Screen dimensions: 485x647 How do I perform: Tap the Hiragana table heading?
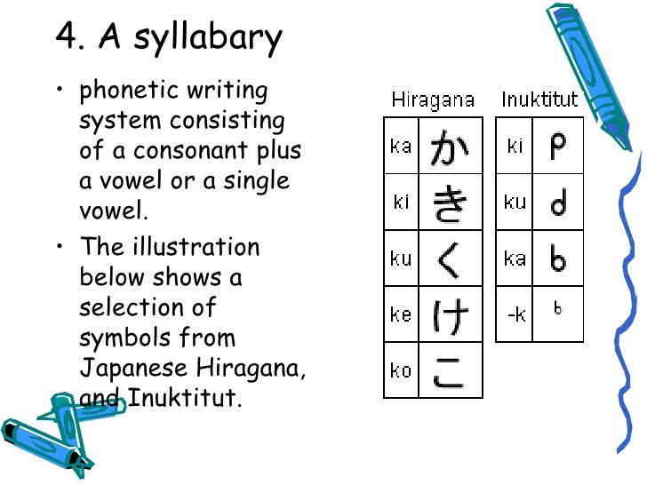[433, 99]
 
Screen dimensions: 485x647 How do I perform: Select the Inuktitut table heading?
[539, 99]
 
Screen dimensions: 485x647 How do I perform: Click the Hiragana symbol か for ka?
[450, 147]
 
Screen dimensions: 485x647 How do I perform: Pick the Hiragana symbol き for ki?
[450, 203]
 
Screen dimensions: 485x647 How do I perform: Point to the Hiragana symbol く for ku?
[450, 258]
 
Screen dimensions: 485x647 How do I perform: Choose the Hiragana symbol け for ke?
[450, 314]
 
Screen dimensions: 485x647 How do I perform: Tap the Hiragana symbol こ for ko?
[450, 370]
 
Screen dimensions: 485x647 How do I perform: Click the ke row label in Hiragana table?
[401, 314]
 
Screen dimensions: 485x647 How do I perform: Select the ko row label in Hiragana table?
[401, 370]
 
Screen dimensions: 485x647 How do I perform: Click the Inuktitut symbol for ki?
[558, 146]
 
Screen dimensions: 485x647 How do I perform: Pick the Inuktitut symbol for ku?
[558, 203]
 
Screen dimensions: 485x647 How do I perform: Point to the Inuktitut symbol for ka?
[558, 258]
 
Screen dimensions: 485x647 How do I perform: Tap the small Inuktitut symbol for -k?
[558, 309]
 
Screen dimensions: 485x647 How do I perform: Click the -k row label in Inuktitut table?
[515, 314]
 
